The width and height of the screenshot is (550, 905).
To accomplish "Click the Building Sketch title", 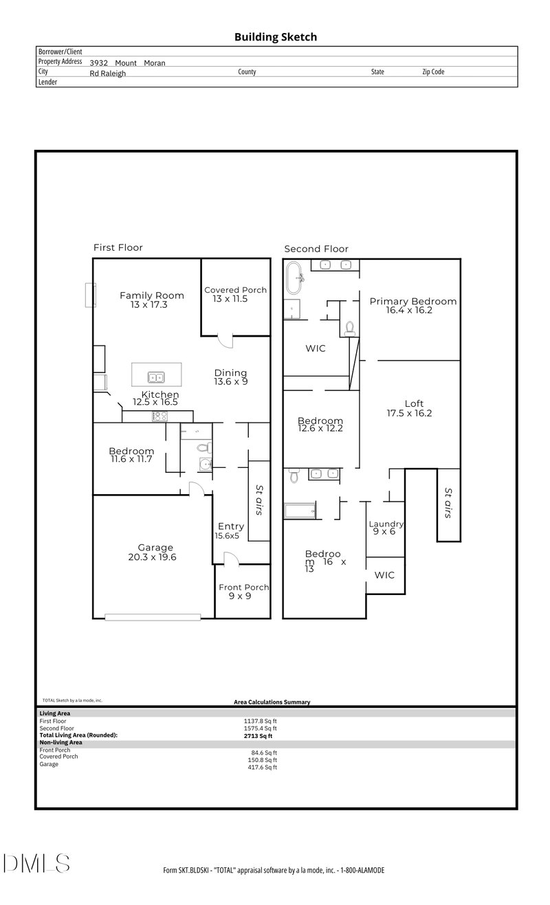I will click(x=276, y=37).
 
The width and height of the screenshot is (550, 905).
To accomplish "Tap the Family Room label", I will click(x=148, y=295).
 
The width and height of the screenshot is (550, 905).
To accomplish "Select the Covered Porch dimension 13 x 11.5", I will click(x=235, y=300).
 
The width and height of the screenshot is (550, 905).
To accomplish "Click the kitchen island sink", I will click(x=156, y=377).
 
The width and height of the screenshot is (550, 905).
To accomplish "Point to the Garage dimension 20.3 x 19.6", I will click(x=152, y=557).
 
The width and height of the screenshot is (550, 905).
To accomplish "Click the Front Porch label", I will click(x=243, y=587).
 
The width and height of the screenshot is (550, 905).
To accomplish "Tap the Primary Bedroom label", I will click(x=412, y=301).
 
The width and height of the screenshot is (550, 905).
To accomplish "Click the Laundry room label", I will click(x=386, y=524).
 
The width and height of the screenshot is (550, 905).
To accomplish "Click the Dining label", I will click(x=231, y=371).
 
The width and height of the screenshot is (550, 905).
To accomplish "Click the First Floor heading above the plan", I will click(x=118, y=247).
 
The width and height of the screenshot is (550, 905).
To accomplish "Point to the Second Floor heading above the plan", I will click(x=316, y=249).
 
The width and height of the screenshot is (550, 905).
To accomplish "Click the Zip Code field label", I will click(x=433, y=71).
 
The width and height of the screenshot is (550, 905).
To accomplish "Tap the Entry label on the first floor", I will click(x=231, y=526).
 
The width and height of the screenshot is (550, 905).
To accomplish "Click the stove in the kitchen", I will click(x=159, y=416).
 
